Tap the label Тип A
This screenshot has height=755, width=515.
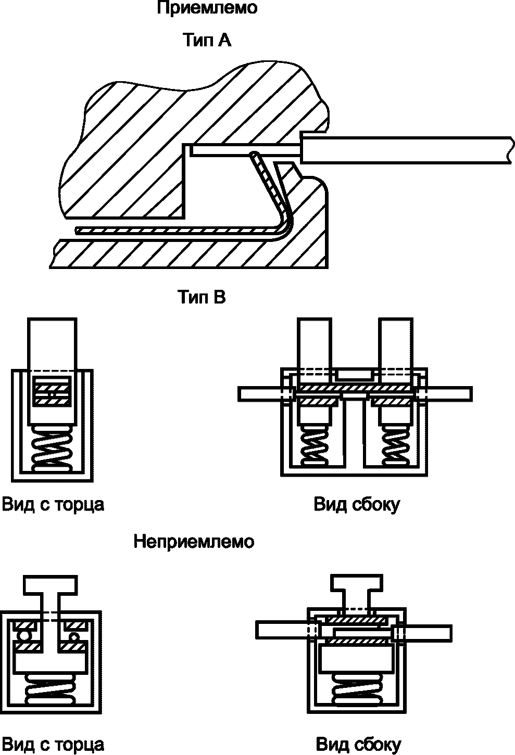click(x=207, y=40)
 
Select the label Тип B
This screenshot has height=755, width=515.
click(x=202, y=297)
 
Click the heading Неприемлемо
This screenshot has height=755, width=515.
click(x=194, y=542)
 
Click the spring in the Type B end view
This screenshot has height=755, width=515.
click(x=52, y=449)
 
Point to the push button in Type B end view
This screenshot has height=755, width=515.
click(x=52, y=371)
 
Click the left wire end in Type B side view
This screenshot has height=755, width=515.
click(x=260, y=394)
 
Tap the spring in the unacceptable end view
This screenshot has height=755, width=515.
click(x=51, y=688)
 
